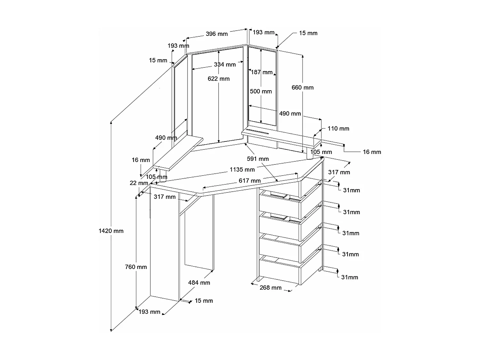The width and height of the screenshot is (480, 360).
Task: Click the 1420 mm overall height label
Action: click(x=111, y=231)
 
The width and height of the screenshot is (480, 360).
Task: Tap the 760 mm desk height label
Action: click(x=136, y=267)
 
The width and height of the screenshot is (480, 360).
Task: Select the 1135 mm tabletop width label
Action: click(x=242, y=170)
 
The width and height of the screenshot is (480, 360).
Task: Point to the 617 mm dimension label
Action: click(x=250, y=181)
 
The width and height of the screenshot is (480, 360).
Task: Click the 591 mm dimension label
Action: click(x=258, y=159)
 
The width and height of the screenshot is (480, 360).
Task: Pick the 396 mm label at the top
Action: click(x=217, y=34)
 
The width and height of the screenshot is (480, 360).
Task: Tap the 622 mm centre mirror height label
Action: click(x=219, y=79)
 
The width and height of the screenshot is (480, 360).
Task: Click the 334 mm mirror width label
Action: click(x=225, y=65)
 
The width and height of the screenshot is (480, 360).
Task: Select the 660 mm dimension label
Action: click(x=302, y=87)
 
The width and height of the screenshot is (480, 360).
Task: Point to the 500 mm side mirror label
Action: click(x=261, y=92)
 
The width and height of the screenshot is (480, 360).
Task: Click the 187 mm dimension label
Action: click(x=261, y=72)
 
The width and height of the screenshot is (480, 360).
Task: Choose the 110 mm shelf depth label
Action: click(x=338, y=129)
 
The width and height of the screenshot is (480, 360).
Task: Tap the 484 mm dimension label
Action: click(x=199, y=283)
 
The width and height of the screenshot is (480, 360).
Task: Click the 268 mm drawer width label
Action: click(x=270, y=288)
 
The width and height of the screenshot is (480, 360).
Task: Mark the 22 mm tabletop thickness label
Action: click(x=139, y=183)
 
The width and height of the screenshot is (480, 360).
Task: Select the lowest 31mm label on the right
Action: click(x=349, y=277)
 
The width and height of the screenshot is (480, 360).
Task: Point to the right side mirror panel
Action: click(x=262, y=86)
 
